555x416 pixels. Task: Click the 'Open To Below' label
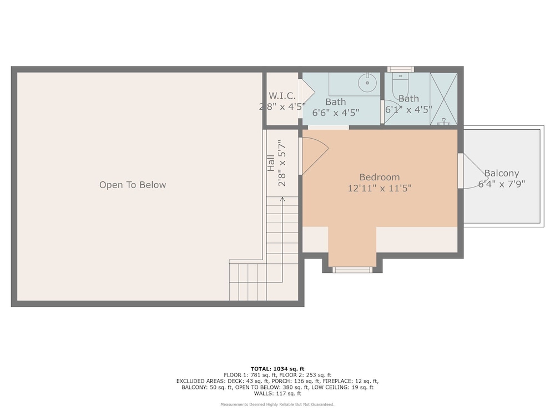click(x=133, y=185)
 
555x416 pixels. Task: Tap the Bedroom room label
click(x=380, y=177)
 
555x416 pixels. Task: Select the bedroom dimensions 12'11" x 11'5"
click(x=380, y=188)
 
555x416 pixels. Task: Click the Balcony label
click(x=502, y=173)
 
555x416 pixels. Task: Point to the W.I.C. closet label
click(x=282, y=95)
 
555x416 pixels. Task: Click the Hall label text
click(x=271, y=163)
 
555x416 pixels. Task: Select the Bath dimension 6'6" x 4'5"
click(x=336, y=113)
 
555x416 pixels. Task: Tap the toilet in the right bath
click(x=400, y=86)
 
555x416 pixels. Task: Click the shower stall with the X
click(x=443, y=99)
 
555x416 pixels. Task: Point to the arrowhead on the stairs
click(x=282, y=200)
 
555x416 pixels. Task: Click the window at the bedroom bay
click(x=352, y=270)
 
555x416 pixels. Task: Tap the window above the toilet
click(x=400, y=69)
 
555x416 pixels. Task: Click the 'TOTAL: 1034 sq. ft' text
click(x=277, y=369)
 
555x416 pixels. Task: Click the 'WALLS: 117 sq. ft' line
click(x=277, y=393)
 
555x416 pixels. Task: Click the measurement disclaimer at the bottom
click(x=277, y=404)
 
